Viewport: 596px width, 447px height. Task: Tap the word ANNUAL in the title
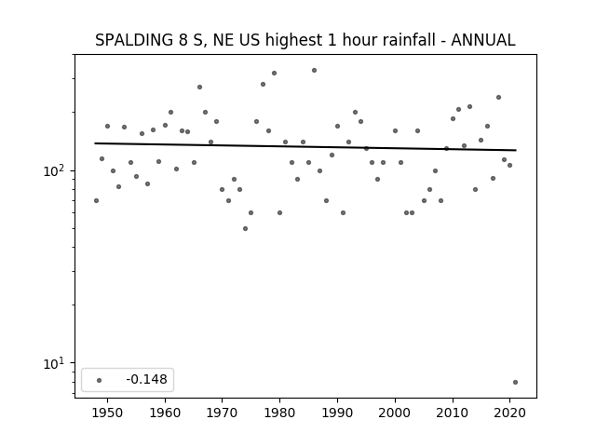[x=483, y=40]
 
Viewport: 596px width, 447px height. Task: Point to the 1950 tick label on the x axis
[x=107, y=413]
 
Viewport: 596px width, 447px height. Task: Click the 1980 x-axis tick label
[x=279, y=413]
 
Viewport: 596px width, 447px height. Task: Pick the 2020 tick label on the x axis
[x=509, y=413]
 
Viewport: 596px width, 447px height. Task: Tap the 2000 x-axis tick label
[x=395, y=413]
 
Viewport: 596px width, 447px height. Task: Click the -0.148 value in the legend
[x=147, y=379]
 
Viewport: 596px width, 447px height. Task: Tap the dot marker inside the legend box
[x=100, y=380]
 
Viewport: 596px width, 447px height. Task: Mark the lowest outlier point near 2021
[x=515, y=382]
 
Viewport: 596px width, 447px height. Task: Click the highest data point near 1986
[x=315, y=71]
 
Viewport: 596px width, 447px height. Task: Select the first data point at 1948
[x=96, y=201]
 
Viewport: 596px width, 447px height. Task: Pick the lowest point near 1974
[x=245, y=228]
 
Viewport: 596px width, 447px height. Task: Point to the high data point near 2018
[x=499, y=97]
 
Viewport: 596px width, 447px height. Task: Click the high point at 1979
[x=274, y=73]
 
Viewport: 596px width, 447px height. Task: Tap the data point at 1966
[x=199, y=87]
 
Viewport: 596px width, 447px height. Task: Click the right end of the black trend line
[x=516, y=150]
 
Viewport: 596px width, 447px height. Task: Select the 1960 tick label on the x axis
[x=165, y=413]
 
